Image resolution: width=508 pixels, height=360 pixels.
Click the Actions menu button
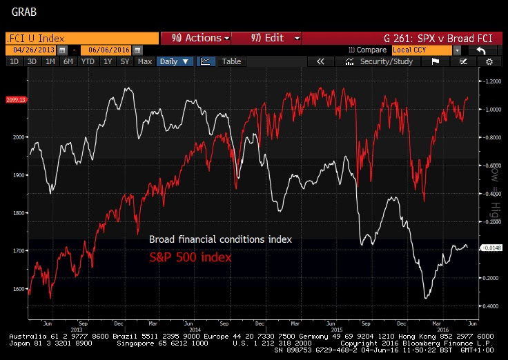195,38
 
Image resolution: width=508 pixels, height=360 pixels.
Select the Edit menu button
266,38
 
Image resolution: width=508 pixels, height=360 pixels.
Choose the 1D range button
13,61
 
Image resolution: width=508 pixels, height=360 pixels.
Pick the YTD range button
88,61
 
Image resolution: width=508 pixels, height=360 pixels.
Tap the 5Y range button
124,61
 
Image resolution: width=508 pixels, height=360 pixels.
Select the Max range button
144,61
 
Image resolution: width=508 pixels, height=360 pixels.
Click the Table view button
231,61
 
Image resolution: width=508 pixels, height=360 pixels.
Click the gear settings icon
489,61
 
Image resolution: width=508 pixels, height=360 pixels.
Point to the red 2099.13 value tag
14,100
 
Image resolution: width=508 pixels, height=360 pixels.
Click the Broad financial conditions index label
220,239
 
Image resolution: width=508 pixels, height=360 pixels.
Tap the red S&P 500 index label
190,257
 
